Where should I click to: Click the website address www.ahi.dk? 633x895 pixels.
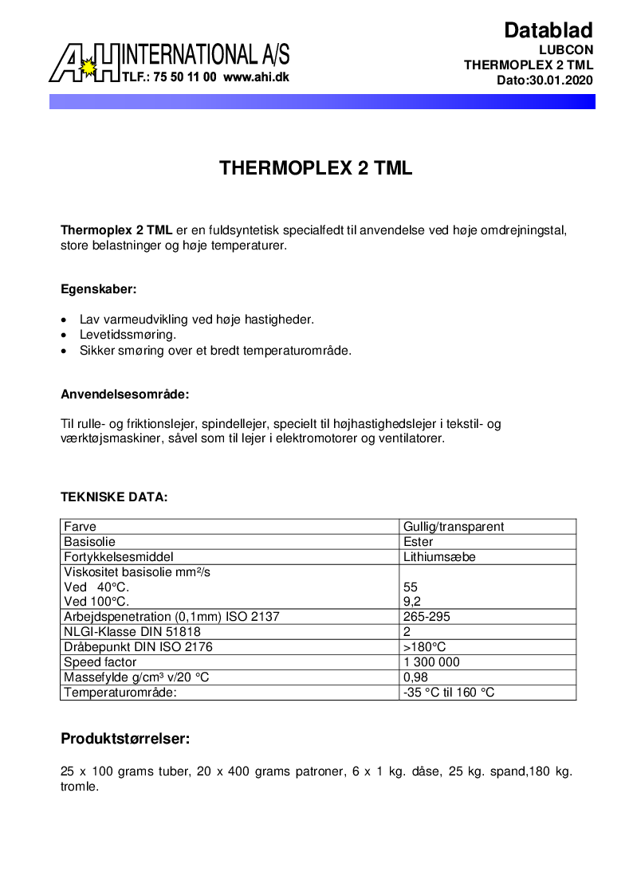point(256,77)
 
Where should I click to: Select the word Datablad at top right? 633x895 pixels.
point(548,30)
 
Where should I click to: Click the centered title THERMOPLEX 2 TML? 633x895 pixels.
point(316,169)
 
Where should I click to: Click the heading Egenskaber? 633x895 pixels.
point(99,289)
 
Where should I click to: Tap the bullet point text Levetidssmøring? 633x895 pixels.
point(128,335)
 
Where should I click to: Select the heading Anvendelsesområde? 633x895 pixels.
point(124,394)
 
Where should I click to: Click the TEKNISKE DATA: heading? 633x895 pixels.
point(114,497)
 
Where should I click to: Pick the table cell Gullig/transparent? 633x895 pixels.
point(454,527)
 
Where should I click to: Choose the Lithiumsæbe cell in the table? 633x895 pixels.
point(439,557)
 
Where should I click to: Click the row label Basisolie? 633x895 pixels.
point(90,542)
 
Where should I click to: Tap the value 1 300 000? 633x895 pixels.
point(432,662)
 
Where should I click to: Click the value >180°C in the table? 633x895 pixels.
point(424,647)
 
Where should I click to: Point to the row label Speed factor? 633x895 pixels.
point(100,662)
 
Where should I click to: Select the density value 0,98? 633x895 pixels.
point(416,677)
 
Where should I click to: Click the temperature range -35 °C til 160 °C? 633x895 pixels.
point(449,693)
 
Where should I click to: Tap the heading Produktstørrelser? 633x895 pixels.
point(125,739)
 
